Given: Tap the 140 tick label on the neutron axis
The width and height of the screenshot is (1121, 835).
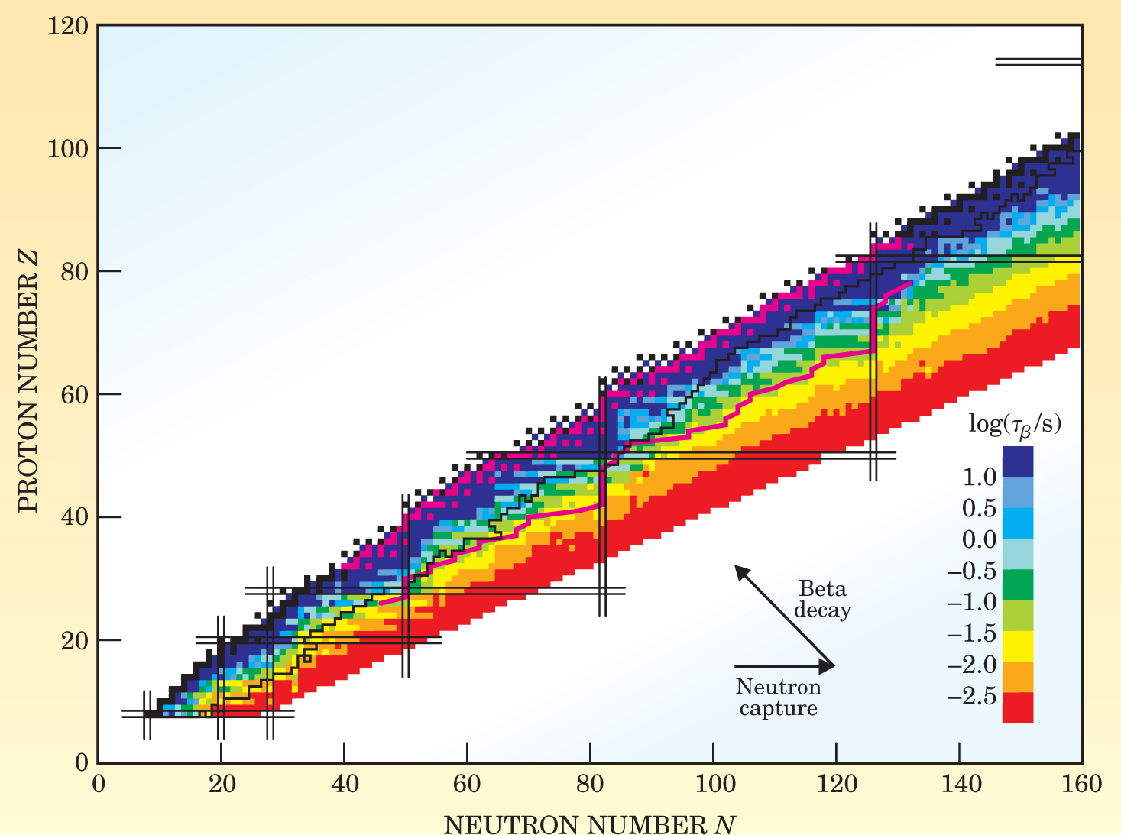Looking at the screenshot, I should pos(959,784).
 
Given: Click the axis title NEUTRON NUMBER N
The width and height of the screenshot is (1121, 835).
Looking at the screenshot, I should pos(589,824).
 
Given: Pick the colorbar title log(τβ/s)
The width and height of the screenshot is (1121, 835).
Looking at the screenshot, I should pos(1015,424).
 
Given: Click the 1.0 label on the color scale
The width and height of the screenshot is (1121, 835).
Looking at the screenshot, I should pos(980,477).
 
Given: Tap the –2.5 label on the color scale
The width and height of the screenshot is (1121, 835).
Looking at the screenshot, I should pos(972,697).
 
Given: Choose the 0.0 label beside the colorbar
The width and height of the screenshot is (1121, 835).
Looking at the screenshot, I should pos(980,540).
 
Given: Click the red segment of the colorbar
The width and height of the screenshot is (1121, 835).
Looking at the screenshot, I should pos(1017,707).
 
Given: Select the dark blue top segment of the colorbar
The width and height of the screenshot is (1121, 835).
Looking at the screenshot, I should pos(1017,461).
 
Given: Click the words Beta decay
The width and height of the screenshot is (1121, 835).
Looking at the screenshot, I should pos(822,600).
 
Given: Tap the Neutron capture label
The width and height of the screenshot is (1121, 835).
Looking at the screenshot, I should pos(778,697).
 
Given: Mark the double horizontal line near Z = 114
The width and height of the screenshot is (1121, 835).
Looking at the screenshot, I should pos(1038,61).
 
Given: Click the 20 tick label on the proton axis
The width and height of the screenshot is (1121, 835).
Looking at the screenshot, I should pos(73,640).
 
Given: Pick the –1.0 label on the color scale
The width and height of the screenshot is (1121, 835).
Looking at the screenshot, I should pos(972,603).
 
